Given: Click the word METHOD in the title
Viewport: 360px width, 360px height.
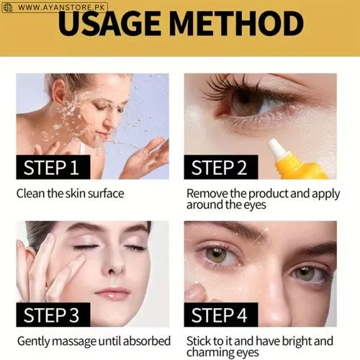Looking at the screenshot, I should click(243, 24).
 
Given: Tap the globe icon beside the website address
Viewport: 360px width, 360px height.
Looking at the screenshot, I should click(8, 7).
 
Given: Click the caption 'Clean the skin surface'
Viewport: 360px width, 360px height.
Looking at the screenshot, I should click(70, 194).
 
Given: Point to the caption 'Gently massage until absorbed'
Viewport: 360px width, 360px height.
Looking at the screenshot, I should click(93, 341).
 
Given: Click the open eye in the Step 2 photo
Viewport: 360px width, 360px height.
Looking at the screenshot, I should click(248, 102).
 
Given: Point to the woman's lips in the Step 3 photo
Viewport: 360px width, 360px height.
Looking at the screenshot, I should click(112, 293).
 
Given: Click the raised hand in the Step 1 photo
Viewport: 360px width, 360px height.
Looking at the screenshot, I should click(148, 157).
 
